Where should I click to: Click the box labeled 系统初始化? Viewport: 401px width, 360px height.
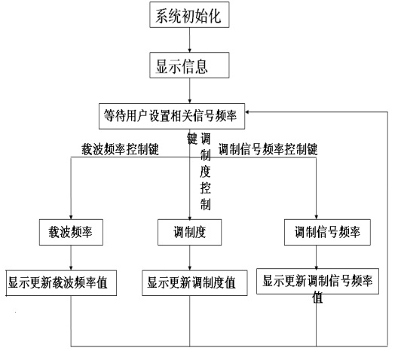coord(189,14)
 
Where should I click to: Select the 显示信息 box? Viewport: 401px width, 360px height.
coord(189,66)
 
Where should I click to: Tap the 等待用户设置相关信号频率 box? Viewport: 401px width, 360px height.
coord(172,116)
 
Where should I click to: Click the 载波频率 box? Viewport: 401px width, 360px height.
coord(71,232)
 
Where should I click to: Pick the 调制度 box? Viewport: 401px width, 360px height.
coord(189,232)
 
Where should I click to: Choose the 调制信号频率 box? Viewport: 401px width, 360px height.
coord(327,232)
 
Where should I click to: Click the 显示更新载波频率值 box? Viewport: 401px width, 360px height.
coord(61,283)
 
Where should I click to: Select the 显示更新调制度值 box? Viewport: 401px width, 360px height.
coord(194,283)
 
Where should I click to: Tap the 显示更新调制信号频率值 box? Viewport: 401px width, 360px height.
coord(317,282)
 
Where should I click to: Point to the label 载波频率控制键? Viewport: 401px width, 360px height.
coord(120,149)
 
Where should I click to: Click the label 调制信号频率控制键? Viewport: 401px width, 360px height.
coord(268,149)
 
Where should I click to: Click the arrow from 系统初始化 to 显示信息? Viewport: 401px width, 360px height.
coord(189,40)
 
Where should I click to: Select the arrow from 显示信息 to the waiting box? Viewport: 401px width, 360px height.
coord(189,90)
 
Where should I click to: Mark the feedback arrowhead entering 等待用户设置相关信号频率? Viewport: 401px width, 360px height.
coord(247,112)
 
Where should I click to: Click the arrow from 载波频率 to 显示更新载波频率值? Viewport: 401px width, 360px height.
coord(71,258)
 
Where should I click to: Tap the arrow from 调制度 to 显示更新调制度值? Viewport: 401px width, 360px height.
coord(189,258)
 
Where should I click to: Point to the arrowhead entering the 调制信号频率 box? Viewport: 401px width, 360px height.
coord(316,217)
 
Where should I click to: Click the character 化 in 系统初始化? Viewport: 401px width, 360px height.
coord(214,16)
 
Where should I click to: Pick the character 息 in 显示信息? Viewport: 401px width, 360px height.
coord(201,66)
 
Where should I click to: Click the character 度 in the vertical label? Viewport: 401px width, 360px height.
coord(205,172)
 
